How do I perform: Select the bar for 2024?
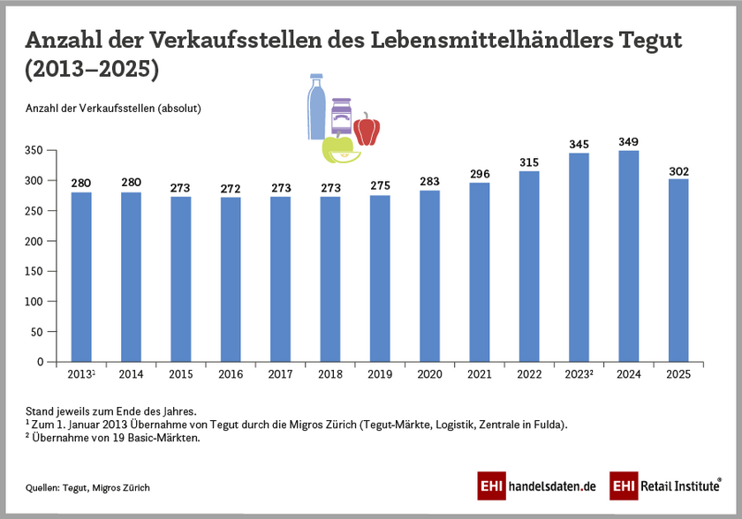628,256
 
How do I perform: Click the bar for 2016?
231,279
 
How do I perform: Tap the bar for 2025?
678,270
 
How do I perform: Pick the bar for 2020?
429,275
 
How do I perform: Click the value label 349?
628,142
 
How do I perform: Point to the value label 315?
529,162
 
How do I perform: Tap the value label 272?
231,189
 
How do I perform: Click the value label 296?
480,174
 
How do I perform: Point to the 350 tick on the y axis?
33,151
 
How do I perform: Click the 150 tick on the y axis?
33,271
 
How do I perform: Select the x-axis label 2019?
380,374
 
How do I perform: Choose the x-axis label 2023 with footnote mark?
579,374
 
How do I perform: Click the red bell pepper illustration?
367,130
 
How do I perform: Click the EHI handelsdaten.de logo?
537,485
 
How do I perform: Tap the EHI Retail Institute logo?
666,485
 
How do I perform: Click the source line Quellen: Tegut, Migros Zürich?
87,487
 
